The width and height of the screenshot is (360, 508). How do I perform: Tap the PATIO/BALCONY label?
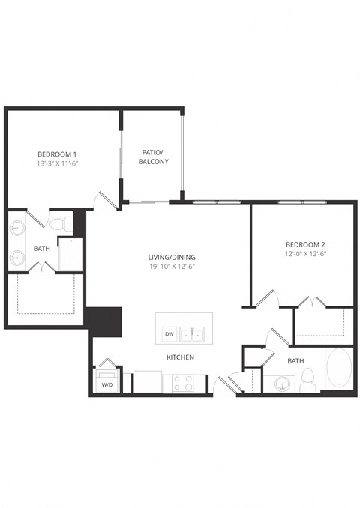(x=154, y=156)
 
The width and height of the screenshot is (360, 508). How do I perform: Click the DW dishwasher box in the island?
(x=169, y=334)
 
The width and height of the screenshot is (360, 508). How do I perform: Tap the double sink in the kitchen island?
(x=195, y=334)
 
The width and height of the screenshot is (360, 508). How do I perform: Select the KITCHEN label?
(x=180, y=357)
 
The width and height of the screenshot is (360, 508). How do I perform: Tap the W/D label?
(x=106, y=385)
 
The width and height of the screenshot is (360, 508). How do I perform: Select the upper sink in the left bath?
(x=17, y=227)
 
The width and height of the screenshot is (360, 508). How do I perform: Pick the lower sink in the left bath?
(x=17, y=259)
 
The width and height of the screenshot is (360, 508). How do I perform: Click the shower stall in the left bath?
(x=70, y=254)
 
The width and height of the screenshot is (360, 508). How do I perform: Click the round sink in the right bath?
(x=283, y=384)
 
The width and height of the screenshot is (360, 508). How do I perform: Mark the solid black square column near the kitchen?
(x=103, y=320)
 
